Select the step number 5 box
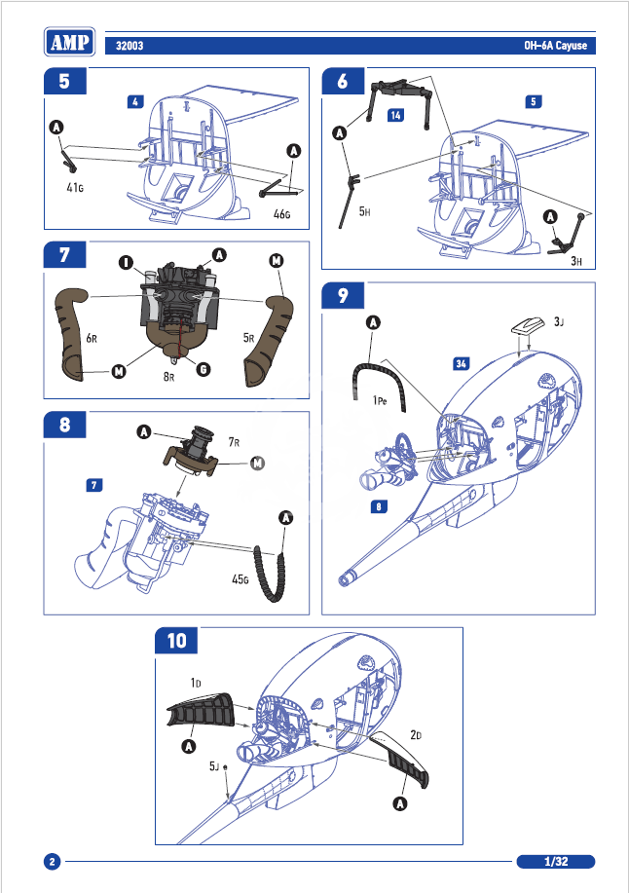click(64, 82)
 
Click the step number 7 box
click(64, 255)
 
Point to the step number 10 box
click(177, 641)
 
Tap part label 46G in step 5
click(282, 213)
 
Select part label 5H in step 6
click(365, 210)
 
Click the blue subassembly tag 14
click(395, 116)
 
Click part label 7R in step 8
click(235, 441)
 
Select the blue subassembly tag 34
click(462, 363)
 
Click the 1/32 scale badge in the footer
click(556, 862)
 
